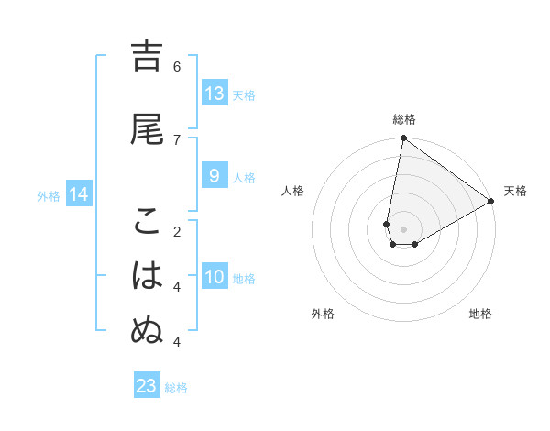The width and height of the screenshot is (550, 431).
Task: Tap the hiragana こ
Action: point(147,220)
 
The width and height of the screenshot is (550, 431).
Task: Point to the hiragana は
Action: point(147,275)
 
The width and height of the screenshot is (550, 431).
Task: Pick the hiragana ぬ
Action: point(147,330)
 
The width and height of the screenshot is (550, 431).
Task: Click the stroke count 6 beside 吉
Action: point(177,66)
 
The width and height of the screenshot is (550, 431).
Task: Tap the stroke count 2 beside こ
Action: point(177,231)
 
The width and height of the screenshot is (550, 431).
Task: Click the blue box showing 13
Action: point(214,94)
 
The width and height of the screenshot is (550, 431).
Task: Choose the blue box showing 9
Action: point(214,177)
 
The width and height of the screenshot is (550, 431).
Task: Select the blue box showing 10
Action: point(214,278)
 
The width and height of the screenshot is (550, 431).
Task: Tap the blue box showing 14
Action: point(79,194)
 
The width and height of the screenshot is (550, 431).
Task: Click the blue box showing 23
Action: point(147,386)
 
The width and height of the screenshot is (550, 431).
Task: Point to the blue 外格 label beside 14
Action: point(49,195)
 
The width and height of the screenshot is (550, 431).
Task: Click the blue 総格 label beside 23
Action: point(176,388)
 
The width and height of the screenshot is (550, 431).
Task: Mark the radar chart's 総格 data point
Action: point(403,138)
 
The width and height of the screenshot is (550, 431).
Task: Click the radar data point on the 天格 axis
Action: point(490,201)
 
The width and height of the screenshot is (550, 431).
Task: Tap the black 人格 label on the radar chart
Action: point(293,191)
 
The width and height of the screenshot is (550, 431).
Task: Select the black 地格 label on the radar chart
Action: point(480,314)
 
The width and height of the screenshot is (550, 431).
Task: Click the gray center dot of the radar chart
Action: point(403,229)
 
